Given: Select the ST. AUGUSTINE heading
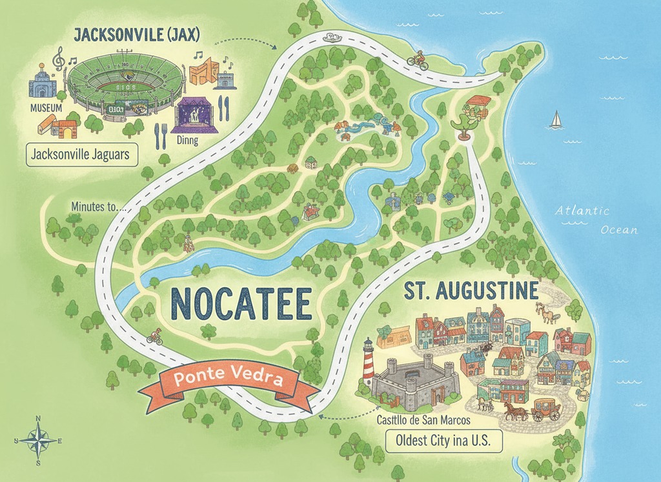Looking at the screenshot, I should click(x=471, y=290).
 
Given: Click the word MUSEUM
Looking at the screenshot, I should click(x=46, y=107).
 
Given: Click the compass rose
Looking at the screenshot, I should click(x=37, y=441).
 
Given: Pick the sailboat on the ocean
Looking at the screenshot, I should click(x=555, y=119).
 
